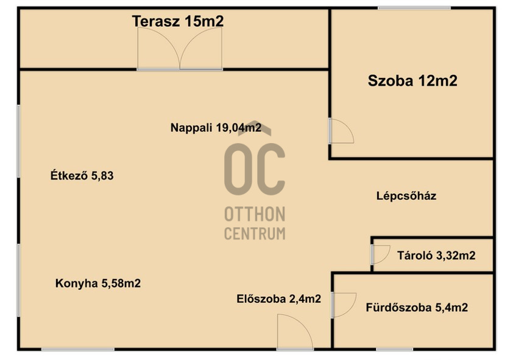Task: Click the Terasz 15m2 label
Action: click(178, 21)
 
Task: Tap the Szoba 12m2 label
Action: click(413, 80)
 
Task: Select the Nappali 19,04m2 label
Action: click(216, 127)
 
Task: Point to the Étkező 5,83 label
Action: click(82, 175)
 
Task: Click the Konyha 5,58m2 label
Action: click(98, 283)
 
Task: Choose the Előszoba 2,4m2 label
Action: click(278, 299)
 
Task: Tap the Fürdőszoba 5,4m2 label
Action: click(417, 308)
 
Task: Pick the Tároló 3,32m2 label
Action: click(436, 256)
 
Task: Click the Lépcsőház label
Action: click(406, 196)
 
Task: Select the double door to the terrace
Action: click(180, 49)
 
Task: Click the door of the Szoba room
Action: click(341, 131)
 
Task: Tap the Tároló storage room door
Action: click(380, 254)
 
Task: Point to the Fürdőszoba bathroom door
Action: click(344, 305)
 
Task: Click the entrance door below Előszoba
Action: click(295, 332)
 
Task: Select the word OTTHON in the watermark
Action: click(255, 214)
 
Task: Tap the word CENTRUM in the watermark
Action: click(255, 233)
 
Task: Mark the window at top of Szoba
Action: click(414, 8)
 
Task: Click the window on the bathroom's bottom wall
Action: click(395, 349)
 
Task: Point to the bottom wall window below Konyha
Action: click(78, 349)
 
